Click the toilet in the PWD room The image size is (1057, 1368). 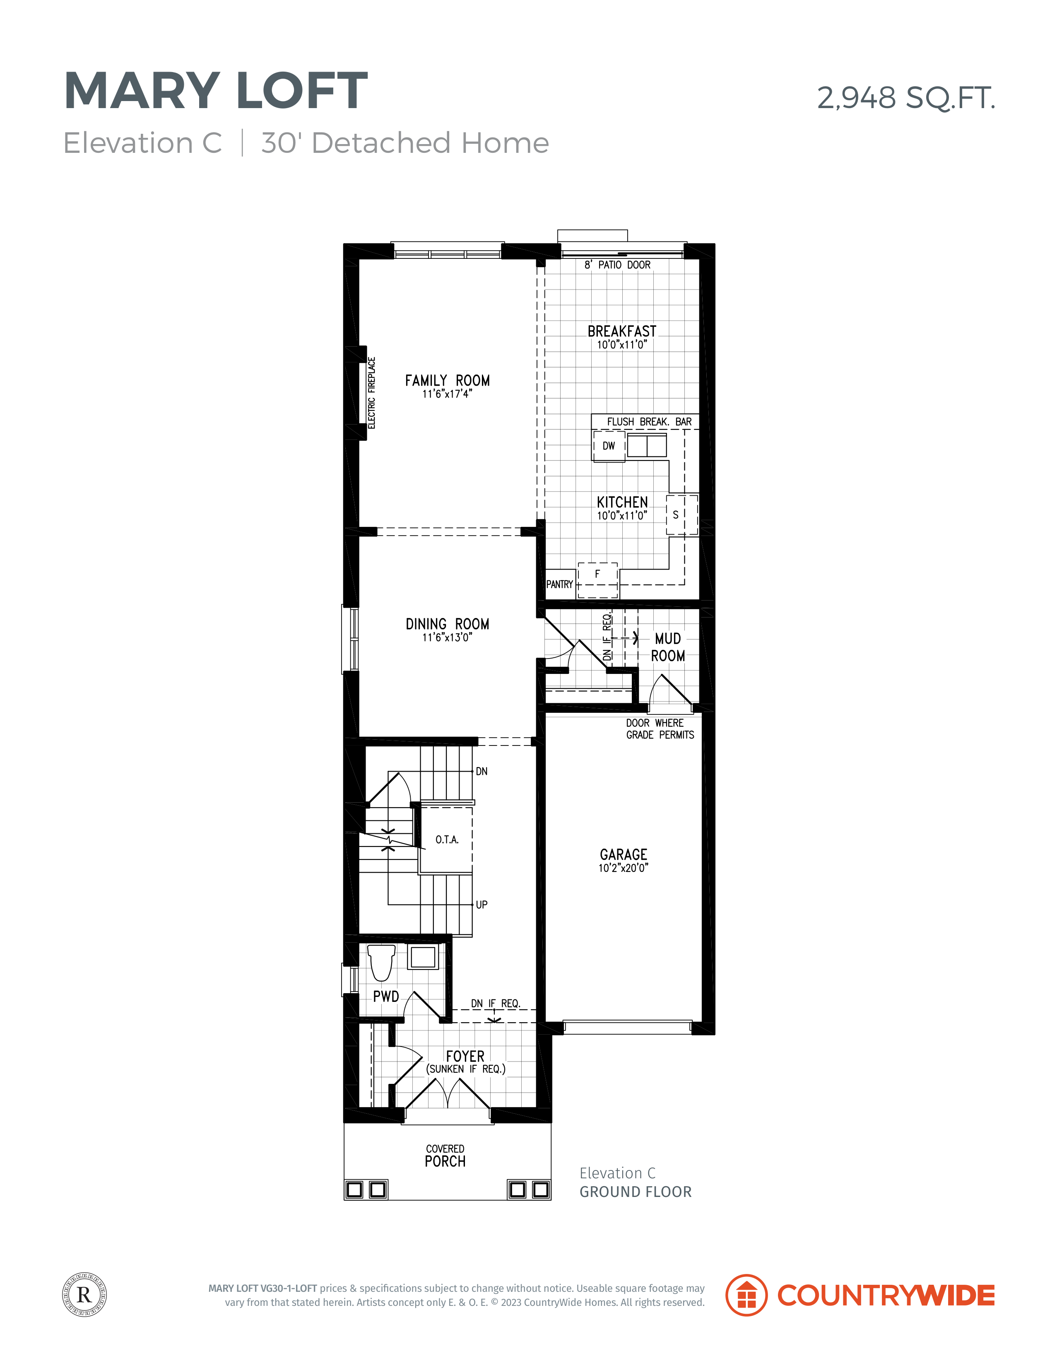pos(381,963)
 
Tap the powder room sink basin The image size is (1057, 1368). pos(423,958)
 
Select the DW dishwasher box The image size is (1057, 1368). pos(609,446)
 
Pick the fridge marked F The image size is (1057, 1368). pos(597,580)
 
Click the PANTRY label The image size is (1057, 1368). pos(559,584)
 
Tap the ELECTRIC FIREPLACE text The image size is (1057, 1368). pos(371,393)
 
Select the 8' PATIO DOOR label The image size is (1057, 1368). pos(617,265)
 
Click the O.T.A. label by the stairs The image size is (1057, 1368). pos(447,840)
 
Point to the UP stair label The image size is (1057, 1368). pos(482,905)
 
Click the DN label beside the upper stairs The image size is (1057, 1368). pos(482,771)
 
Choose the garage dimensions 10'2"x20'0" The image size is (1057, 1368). pos(623,868)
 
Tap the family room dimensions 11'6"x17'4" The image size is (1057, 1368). pos(447,393)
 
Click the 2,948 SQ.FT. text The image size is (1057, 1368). pos(906,98)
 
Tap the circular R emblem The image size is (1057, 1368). pos(84,1294)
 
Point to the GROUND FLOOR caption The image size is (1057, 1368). pos(636,1192)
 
